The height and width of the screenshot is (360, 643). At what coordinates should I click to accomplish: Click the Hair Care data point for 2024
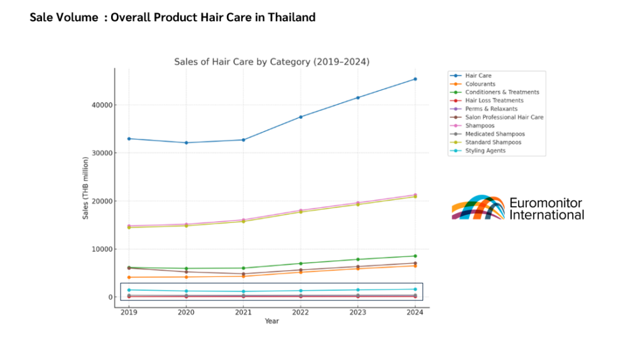tap(415, 79)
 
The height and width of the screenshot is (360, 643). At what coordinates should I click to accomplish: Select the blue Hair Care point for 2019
tap(129, 139)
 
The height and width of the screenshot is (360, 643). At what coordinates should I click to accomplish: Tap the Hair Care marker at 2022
tap(301, 117)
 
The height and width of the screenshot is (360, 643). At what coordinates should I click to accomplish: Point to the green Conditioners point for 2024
tap(415, 256)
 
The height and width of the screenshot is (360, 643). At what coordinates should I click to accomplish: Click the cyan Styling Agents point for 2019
tap(129, 290)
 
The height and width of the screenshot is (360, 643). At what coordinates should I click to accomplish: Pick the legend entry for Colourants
tap(480, 84)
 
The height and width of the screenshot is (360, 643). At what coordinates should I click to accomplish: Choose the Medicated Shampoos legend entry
tap(495, 134)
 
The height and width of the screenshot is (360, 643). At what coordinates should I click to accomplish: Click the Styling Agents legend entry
tap(485, 150)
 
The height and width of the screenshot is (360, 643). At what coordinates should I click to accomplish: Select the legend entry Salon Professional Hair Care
tap(504, 117)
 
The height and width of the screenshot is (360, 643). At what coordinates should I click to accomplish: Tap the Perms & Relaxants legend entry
tap(491, 109)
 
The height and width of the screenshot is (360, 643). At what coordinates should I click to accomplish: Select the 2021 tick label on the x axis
tap(243, 312)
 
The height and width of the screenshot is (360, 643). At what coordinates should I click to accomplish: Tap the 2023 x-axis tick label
tap(358, 312)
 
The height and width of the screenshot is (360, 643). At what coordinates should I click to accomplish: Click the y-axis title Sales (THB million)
tap(85, 188)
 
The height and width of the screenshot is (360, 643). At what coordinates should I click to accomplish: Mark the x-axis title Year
tap(272, 321)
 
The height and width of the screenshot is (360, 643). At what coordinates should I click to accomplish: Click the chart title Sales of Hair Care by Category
tap(271, 62)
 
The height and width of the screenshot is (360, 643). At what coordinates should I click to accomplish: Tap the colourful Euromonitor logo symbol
tap(478, 208)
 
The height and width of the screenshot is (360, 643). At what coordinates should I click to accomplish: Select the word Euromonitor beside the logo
tap(546, 202)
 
